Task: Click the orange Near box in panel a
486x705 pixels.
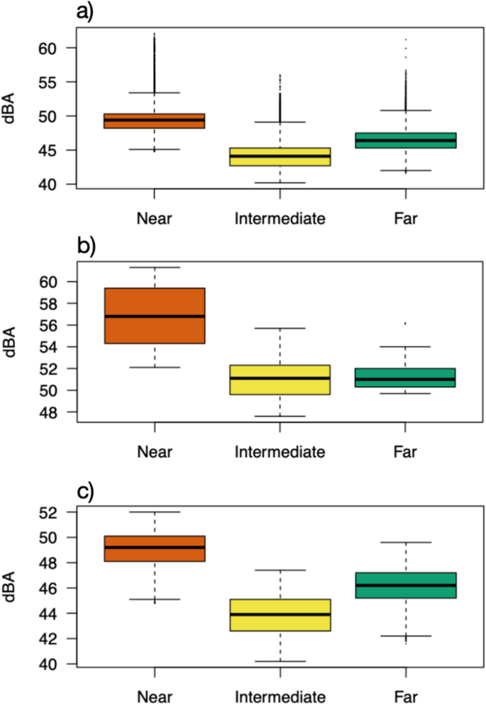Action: pos(154,121)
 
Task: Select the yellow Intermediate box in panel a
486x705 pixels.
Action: pos(280,157)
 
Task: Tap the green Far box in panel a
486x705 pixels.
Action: pos(405,140)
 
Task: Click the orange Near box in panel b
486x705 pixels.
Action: pos(154,316)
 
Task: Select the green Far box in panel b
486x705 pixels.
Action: pos(405,377)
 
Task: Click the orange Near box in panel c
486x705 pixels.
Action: pos(154,548)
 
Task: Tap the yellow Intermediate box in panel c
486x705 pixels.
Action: pos(280,615)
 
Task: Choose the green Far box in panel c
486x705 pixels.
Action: pos(405,585)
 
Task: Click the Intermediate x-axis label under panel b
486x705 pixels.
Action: pos(280,451)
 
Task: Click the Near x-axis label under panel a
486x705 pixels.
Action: pos(154,218)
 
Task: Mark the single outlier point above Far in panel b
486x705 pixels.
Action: pos(405,323)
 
